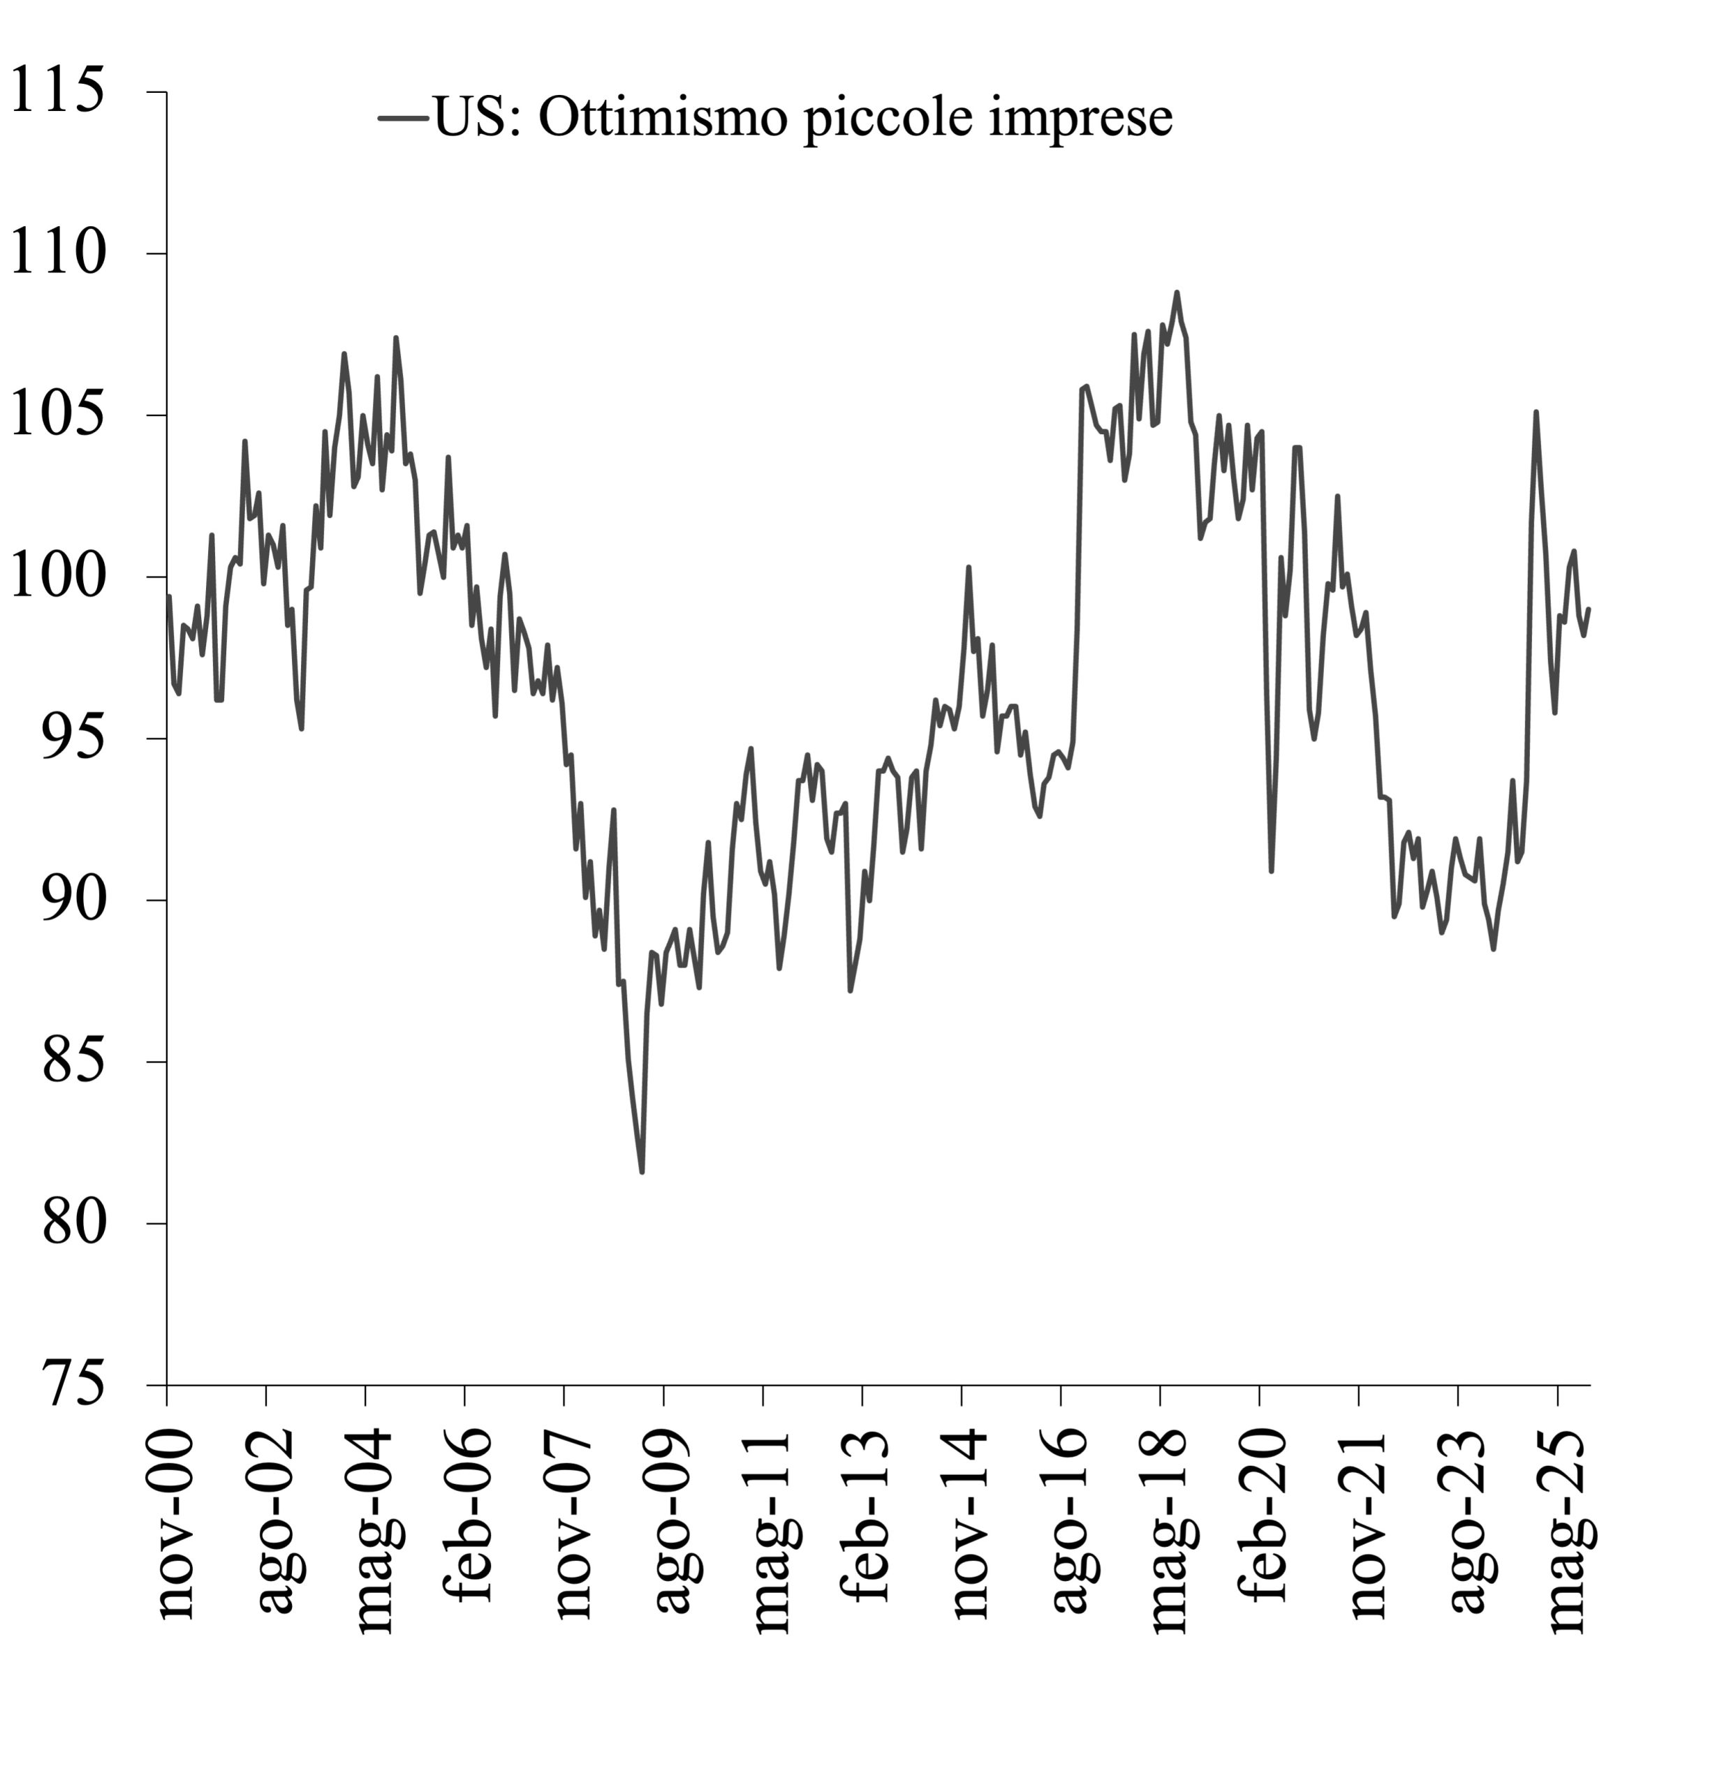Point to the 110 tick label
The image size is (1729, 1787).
[x=57, y=253]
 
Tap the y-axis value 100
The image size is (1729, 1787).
[x=57, y=576]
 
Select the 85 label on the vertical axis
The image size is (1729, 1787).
[x=73, y=1061]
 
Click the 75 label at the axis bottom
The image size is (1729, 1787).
[x=73, y=1384]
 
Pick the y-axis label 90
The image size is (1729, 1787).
[x=73, y=900]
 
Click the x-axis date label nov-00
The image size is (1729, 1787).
[x=176, y=1525]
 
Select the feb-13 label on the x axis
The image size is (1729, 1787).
[x=871, y=1516]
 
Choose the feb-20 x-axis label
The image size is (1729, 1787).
[x=1269, y=1516]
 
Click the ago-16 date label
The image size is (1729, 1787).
[x=1070, y=1521]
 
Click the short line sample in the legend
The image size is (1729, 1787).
[x=403, y=117]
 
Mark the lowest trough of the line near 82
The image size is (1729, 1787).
[x=642, y=1171]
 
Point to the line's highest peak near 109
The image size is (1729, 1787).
[x=1177, y=292]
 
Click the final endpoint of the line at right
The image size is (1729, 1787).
[x=1589, y=609]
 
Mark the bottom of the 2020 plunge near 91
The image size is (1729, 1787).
[x=1271, y=870]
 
